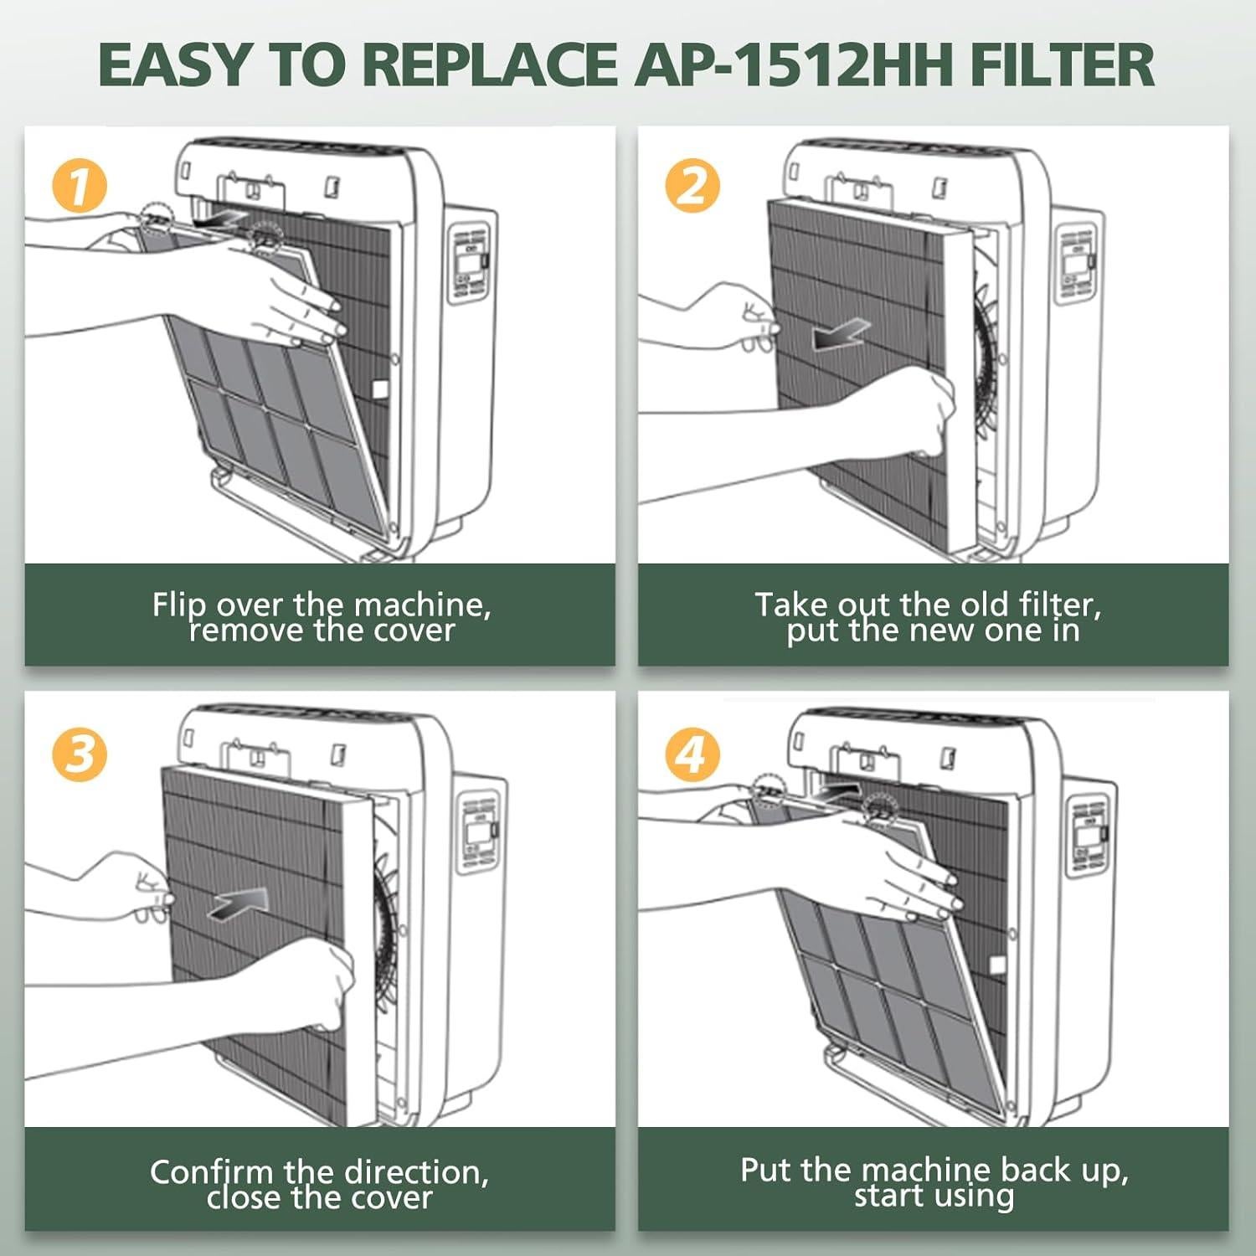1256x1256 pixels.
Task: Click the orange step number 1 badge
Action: (x=80, y=186)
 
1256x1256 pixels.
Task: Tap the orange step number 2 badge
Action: (x=692, y=186)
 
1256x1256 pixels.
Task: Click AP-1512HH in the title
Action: (x=795, y=64)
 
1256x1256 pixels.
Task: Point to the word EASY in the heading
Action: (x=174, y=64)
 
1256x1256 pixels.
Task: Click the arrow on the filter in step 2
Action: (x=841, y=334)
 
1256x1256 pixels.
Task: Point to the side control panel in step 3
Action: (x=480, y=829)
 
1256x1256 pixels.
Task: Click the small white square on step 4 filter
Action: (x=997, y=964)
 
